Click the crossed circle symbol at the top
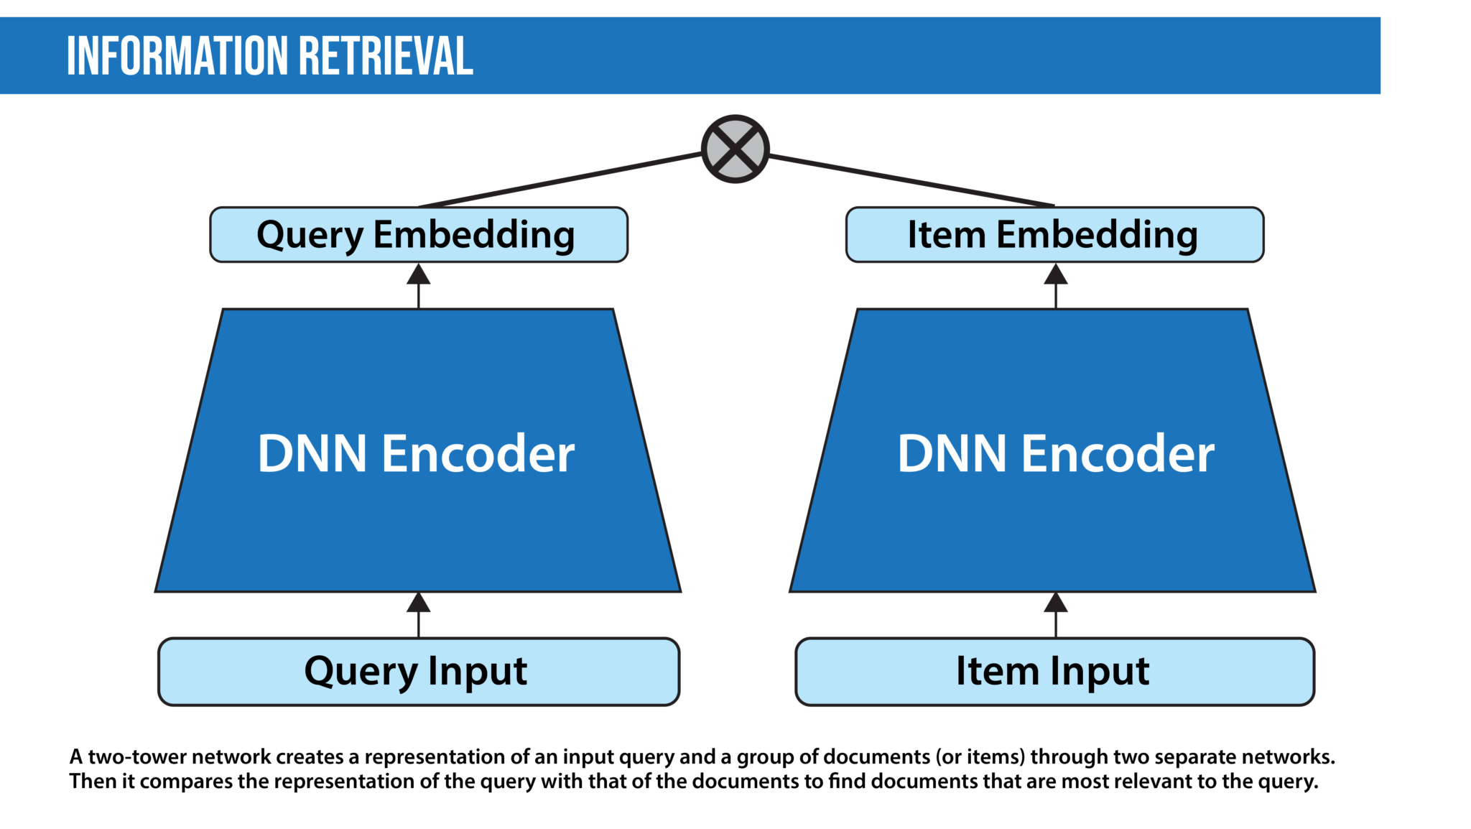[735, 149]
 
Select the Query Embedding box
[418, 235]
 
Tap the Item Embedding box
[1054, 235]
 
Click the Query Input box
[418, 672]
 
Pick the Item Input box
[1054, 672]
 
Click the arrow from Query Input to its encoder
[419, 615]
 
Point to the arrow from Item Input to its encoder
[1055, 615]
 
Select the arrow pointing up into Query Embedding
[419, 286]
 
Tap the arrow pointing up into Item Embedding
[1055, 286]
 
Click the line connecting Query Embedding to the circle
[560, 180]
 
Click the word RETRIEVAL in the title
[386, 56]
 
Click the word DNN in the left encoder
[312, 454]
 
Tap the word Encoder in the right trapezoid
[1118, 454]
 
